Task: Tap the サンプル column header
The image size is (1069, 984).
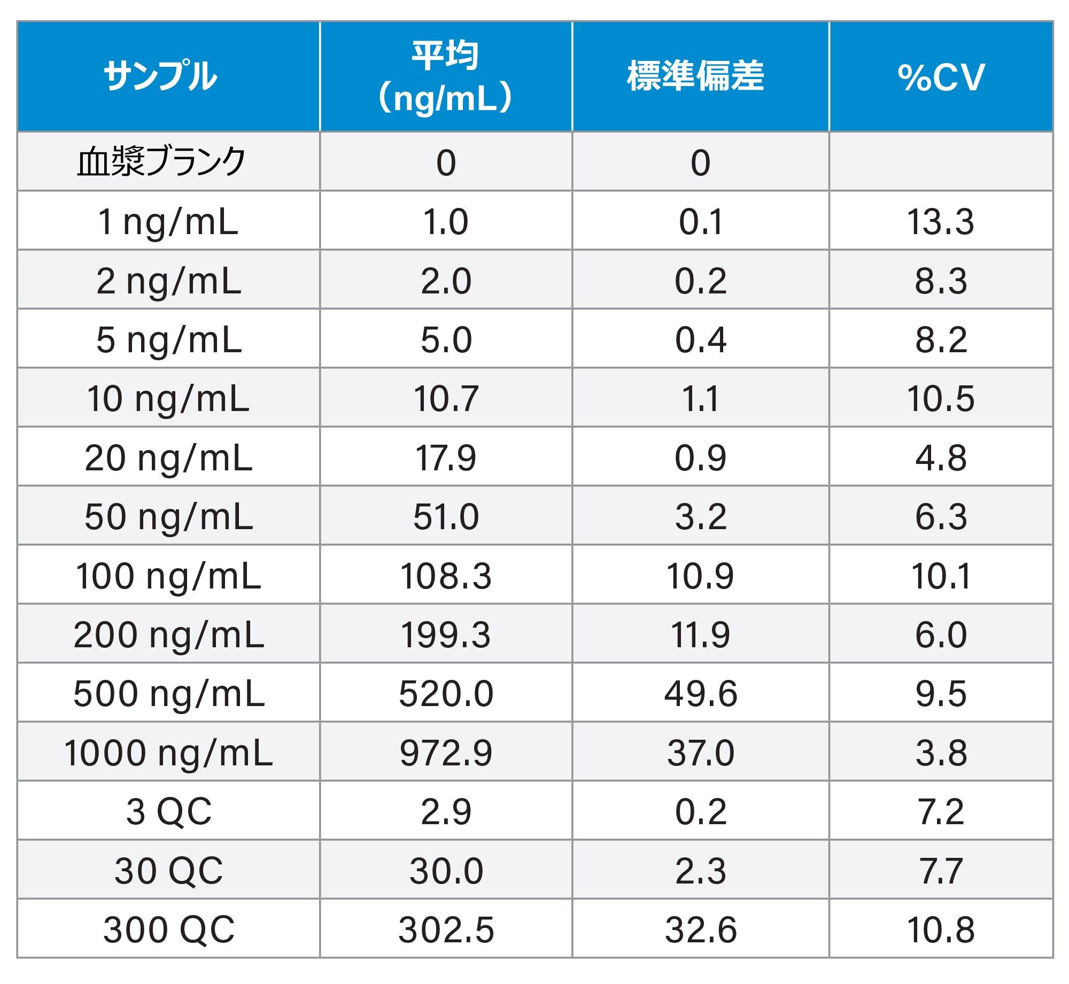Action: pos(160,76)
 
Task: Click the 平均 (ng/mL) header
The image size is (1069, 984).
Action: pos(445,76)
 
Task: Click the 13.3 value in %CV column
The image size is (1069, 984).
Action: pos(941,221)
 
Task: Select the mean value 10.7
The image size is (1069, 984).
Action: pos(446,399)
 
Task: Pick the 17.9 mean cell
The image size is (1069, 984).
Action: pos(446,458)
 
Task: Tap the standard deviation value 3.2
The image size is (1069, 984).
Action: pos(701,517)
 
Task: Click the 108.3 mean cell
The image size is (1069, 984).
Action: pos(446,576)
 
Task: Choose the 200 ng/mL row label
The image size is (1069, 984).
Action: pos(169,635)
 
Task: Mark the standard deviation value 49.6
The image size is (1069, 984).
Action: pos(701,694)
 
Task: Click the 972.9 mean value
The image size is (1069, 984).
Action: pos(446,753)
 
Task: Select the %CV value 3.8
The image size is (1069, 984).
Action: pos(941,753)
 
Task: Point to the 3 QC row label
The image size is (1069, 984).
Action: pos(169,812)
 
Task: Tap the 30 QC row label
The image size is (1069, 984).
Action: pos(169,871)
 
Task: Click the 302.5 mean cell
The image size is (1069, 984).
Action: pos(446,930)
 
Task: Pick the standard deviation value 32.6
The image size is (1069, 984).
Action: pos(701,930)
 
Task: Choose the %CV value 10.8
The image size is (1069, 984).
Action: pos(941,930)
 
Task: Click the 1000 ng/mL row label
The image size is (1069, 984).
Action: pos(169,753)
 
